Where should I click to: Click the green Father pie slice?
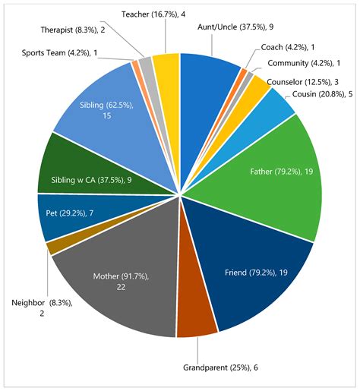(273, 171)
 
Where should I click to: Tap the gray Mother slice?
(114, 281)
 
